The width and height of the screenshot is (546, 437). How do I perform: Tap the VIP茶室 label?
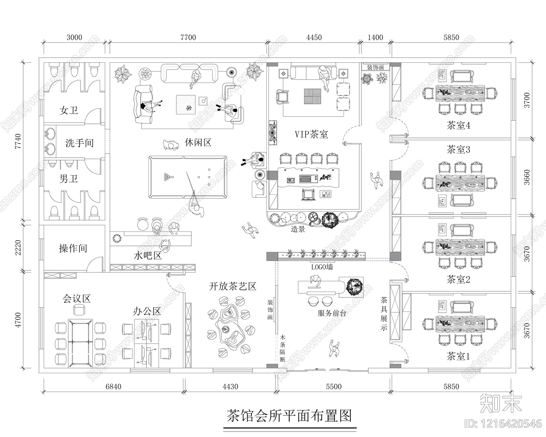click(x=311, y=134)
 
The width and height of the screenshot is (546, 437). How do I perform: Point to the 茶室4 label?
click(x=458, y=125)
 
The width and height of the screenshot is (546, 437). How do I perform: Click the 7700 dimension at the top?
click(x=188, y=37)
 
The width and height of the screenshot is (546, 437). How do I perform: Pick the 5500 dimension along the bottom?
click(x=333, y=386)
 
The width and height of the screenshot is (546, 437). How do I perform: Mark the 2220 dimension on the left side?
click(x=18, y=248)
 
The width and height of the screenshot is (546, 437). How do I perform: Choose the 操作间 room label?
click(x=73, y=248)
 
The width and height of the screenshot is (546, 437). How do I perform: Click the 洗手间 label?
click(x=79, y=143)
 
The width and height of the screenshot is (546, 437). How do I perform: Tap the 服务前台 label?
click(x=332, y=313)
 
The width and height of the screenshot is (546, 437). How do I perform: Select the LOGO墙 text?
click(x=322, y=267)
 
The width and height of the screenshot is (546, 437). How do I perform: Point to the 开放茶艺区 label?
click(x=233, y=286)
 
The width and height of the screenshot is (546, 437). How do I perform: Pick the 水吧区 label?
click(x=147, y=255)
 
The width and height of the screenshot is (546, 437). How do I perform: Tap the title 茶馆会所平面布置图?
click(x=289, y=416)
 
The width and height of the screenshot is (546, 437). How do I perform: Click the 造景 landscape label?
click(x=298, y=229)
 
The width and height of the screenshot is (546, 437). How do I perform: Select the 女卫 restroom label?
click(x=69, y=110)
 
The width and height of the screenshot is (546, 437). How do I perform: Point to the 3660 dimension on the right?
click(x=527, y=177)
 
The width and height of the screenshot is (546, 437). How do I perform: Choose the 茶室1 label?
click(x=458, y=357)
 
